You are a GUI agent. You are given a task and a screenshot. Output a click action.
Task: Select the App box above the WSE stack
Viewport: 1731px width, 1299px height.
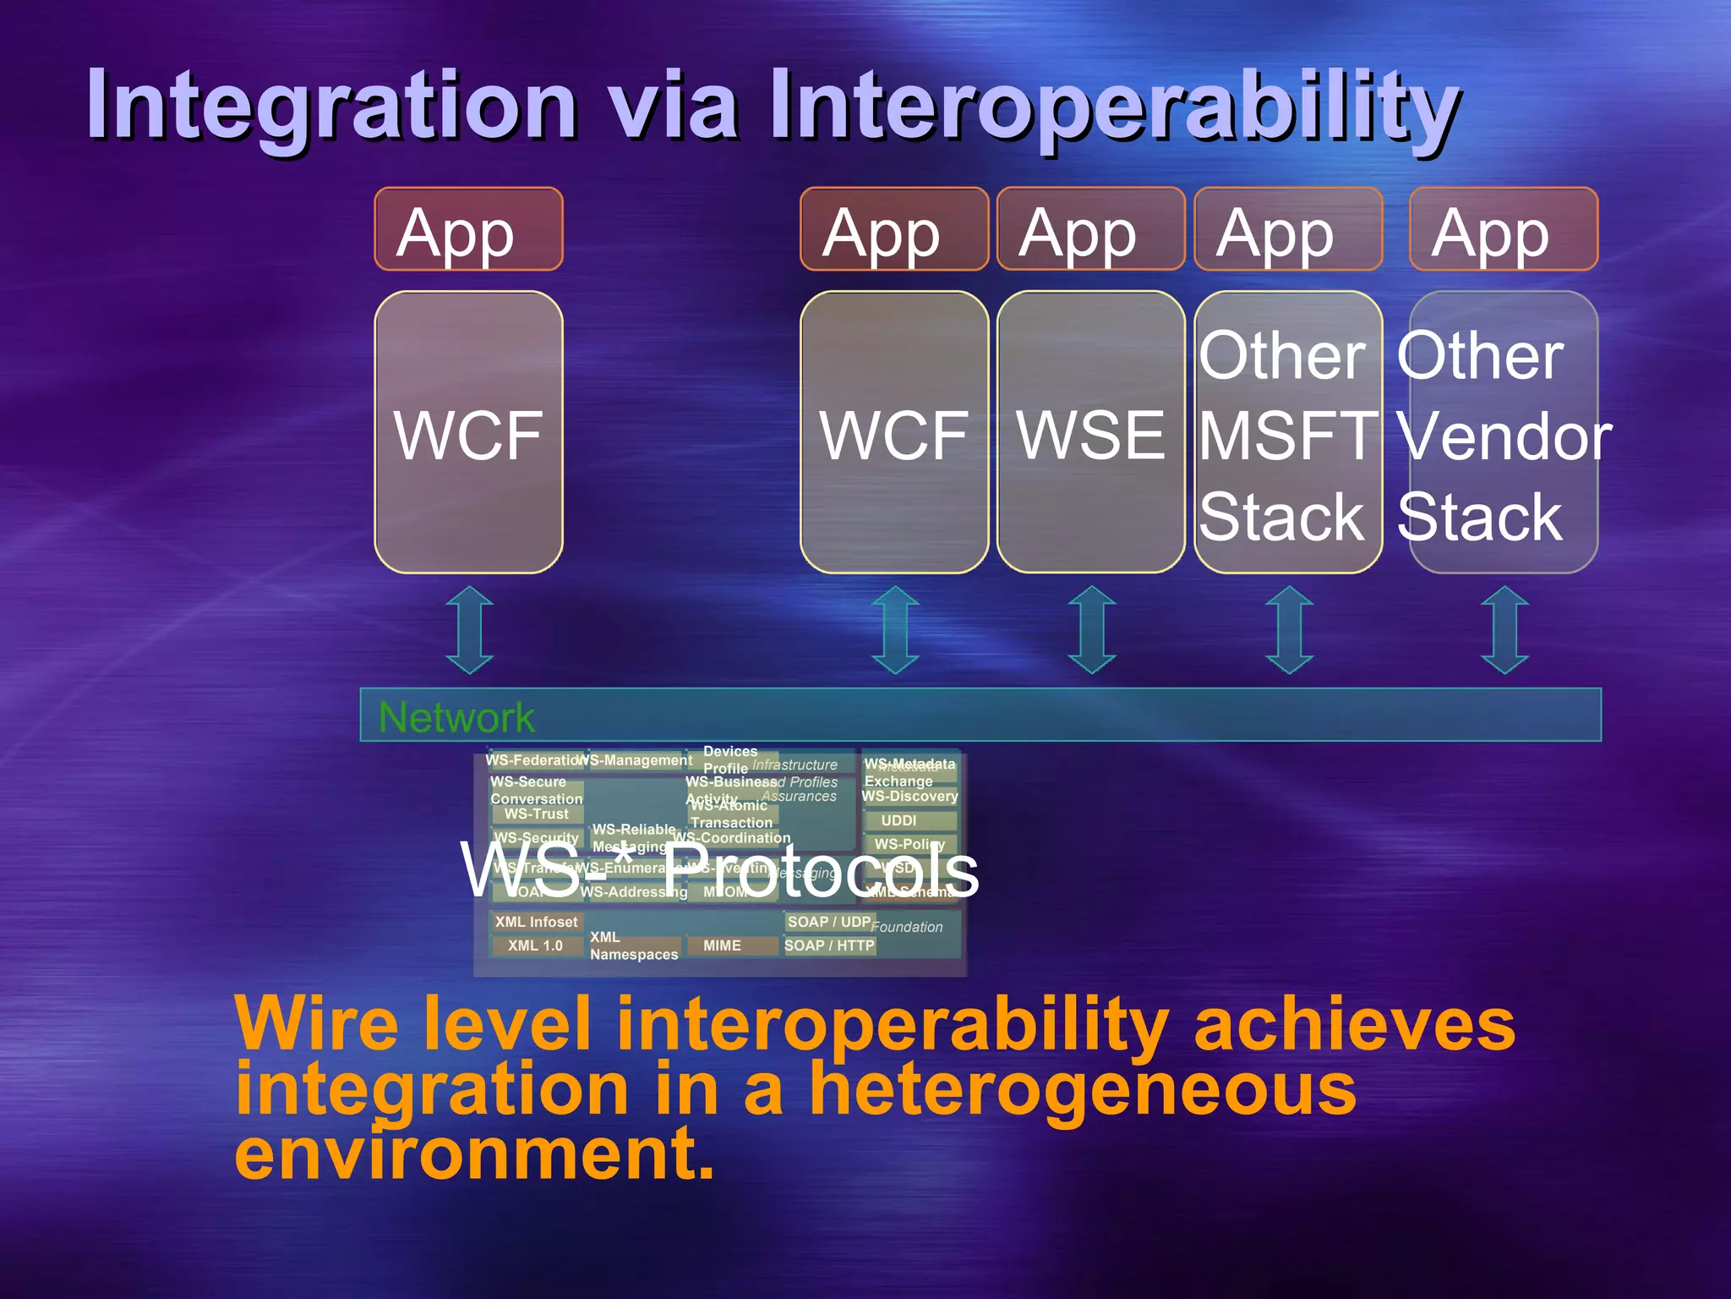click(x=1090, y=229)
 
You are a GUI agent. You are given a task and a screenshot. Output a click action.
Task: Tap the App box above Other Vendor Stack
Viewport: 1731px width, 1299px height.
click(x=1504, y=229)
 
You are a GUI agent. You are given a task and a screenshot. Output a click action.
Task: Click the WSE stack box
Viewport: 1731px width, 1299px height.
click(x=1090, y=433)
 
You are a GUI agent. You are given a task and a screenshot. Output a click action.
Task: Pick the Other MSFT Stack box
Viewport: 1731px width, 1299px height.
click(x=1288, y=433)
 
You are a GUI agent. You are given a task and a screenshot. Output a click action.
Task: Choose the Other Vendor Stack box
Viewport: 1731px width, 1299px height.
click(x=1504, y=433)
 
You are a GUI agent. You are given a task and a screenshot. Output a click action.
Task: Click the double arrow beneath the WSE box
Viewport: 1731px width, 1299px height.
click(x=1091, y=630)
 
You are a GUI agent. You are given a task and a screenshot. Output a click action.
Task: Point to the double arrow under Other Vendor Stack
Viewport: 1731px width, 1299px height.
click(x=1504, y=630)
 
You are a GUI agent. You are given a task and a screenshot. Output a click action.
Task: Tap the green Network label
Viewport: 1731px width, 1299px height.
click(x=456, y=717)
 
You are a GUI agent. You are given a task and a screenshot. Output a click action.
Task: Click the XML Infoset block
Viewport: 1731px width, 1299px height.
click(x=536, y=922)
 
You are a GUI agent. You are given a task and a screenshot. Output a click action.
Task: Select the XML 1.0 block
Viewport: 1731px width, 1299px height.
click(x=535, y=945)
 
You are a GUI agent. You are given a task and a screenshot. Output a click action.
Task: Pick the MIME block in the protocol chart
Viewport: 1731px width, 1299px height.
click(x=723, y=945)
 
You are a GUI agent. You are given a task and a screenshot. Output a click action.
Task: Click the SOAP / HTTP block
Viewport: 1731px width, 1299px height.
click(x=829, y=945)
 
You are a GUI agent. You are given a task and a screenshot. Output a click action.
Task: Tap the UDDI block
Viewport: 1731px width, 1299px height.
click(x=898, y=820)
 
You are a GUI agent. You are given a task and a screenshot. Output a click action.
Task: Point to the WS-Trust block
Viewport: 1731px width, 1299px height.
click(x=536, y=814)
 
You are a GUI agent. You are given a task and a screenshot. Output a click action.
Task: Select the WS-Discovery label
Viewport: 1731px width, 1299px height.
click(x=909, y=796)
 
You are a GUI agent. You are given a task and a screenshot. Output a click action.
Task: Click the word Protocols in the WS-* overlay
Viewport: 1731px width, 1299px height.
click(x=820, y=871)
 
